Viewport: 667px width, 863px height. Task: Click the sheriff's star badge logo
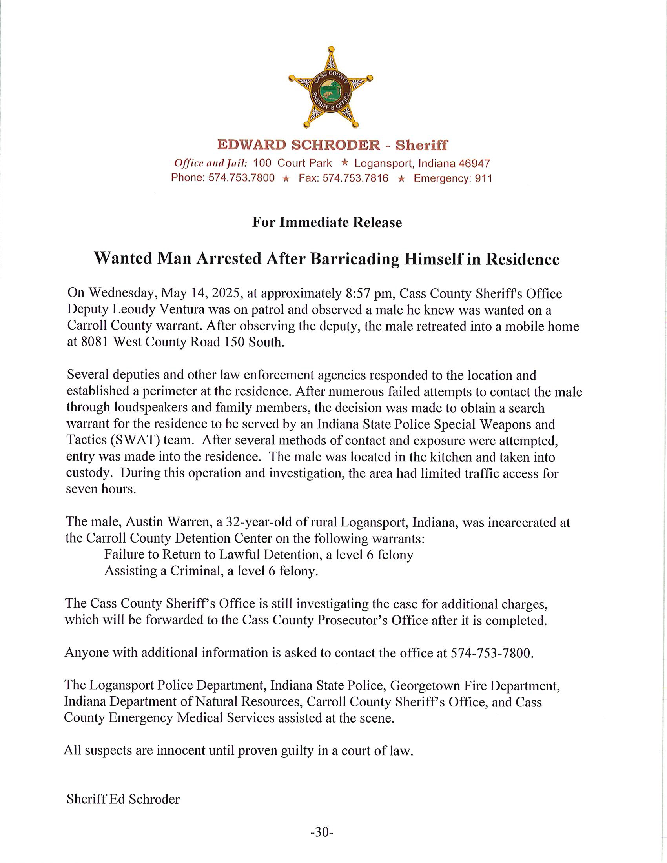click(x=331, y=88)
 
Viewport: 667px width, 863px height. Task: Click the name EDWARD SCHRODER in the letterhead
click(x=298, y=145)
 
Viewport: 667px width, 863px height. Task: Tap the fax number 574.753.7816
click(x=355, y=178)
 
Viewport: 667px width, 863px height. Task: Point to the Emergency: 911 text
click(x=453, y=178)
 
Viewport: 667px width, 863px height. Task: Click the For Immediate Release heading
click(x=327, y=222)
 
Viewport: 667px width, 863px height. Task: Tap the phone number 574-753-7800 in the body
click(x=491, y=652)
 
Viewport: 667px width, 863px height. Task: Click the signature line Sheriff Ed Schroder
click(x=123, y=799)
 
